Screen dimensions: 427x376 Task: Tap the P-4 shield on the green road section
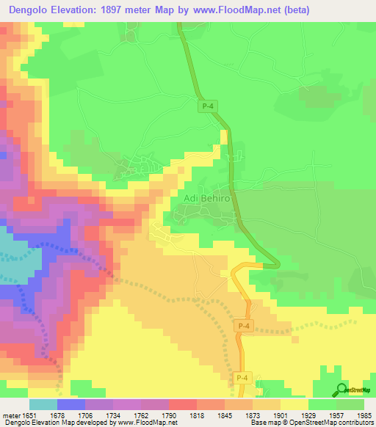(x=208, y=106)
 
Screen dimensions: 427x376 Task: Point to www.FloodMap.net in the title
(x=236, y=10)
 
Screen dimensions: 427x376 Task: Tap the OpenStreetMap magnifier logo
(x=341, y=390)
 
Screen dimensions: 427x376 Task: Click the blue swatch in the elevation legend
(x=70, y=404)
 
